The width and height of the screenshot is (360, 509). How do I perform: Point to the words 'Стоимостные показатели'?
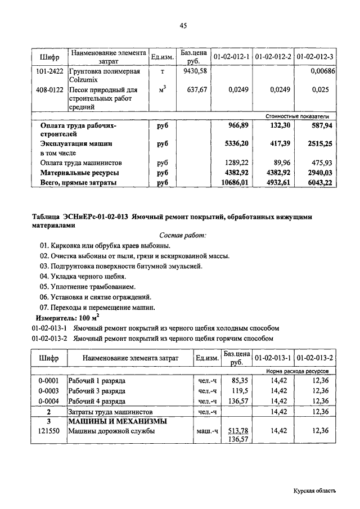click(300, 115)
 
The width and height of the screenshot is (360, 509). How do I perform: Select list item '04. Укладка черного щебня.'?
click(83, 277)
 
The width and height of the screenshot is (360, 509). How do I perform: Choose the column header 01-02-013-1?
click(273, 358)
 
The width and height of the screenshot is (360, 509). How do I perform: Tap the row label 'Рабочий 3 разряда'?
click(97, 391)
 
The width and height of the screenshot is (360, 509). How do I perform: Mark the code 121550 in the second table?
click(49, 431)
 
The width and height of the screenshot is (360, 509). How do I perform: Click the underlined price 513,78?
click(236, 431)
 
